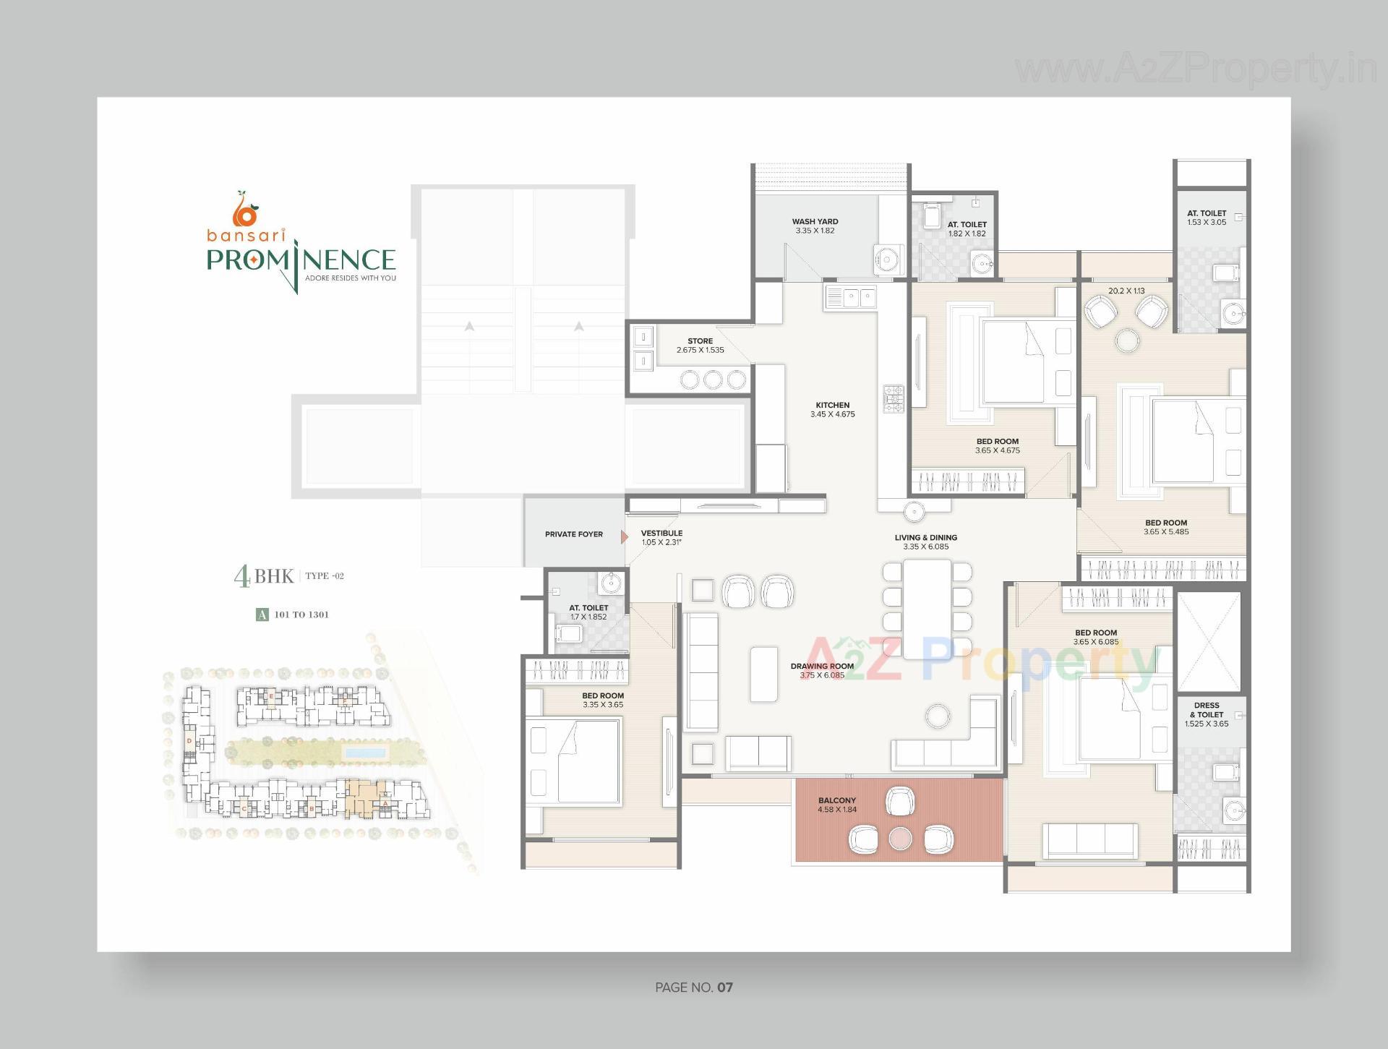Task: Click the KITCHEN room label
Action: (832, 406)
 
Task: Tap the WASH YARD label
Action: (815, 222)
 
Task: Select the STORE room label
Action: (700, 341)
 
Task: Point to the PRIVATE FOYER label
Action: (573, 534)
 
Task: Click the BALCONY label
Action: (836, 800)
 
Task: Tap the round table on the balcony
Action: (900, 839)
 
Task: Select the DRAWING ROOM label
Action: (822, 667)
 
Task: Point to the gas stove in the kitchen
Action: (893, 400)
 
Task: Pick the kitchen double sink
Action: (850, 297)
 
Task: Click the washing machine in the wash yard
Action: (886, 258)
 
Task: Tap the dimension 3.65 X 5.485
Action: (1165, 532)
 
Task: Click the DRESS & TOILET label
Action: (1207, 710)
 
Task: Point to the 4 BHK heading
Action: (264, 576)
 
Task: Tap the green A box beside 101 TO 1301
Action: (262, 615)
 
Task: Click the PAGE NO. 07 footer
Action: (693, 988)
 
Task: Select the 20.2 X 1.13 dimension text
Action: (1126, 291)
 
